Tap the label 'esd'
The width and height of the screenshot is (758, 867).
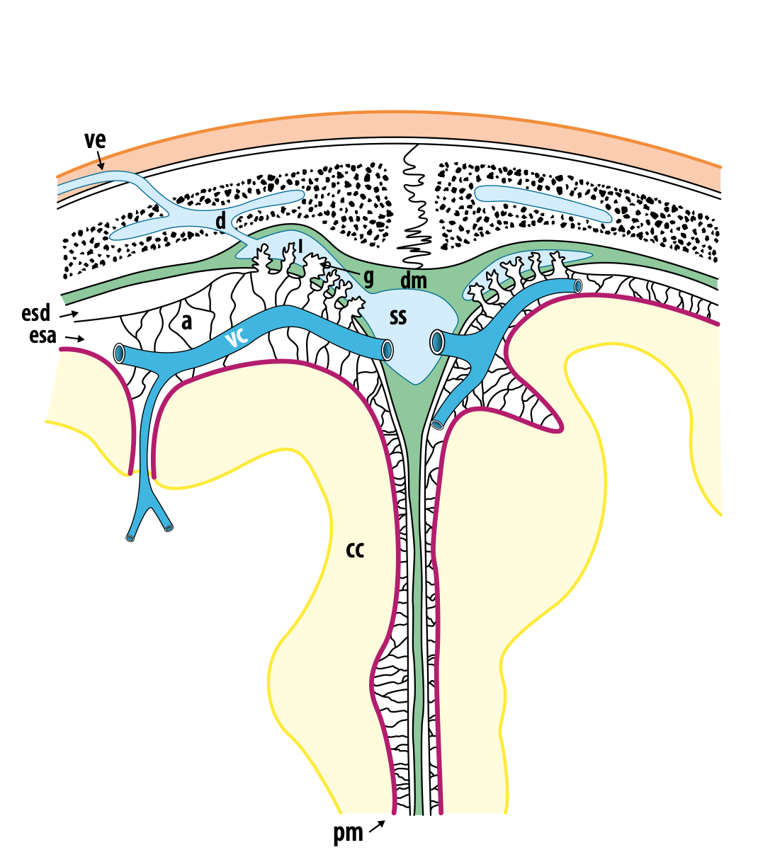(x=36, y=313)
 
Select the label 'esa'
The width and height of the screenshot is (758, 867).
(x=43, y=335)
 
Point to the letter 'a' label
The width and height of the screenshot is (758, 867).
(x=187, y=322)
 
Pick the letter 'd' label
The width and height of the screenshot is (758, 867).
(x=221, y=221)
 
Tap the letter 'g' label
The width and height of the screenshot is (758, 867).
(x=368, y=276)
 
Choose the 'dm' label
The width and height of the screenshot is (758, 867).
(x=414, y=280)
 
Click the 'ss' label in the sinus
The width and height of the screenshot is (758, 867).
(x=398, y=317)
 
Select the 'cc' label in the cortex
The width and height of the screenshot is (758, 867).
(x=355, y=549)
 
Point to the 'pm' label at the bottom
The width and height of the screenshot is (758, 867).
(x=348, y=834)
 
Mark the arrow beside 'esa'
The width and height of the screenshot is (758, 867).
(x=76, y=338)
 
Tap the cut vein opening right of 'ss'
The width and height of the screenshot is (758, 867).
(x=437, y=343)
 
